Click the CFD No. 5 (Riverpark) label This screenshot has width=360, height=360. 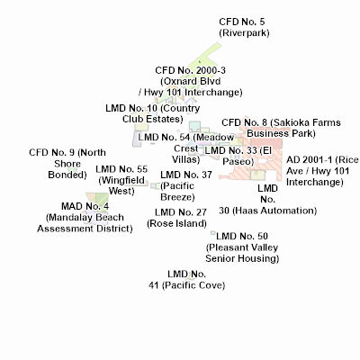tap(244, 27)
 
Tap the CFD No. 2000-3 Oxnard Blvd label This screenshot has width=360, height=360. tap(190, 81)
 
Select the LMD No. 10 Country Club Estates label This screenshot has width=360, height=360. tap(152, 113)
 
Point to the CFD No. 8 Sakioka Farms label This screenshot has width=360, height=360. tap(281, 128)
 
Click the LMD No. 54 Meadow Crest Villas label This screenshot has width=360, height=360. tap(186, 148)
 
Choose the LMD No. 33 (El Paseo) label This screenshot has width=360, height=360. tap(238, 156)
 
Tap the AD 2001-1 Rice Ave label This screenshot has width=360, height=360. tap(322, 171)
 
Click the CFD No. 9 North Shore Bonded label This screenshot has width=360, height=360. tap(67, 164)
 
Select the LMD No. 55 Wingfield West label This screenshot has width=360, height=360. tap(121, 180)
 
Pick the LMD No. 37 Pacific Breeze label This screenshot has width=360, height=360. tap(186, 185)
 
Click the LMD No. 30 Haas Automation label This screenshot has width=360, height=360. tap(267, 200)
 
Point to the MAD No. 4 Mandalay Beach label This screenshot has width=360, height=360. tap(85, 217)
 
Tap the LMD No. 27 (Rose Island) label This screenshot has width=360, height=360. tap(176, 218)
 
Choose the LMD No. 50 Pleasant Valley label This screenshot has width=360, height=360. tap(242, 247)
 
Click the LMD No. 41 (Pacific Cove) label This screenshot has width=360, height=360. tap(186, 279)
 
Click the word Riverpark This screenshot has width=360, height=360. tap(244, 32)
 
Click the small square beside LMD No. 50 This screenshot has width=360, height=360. tap(213, 233)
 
